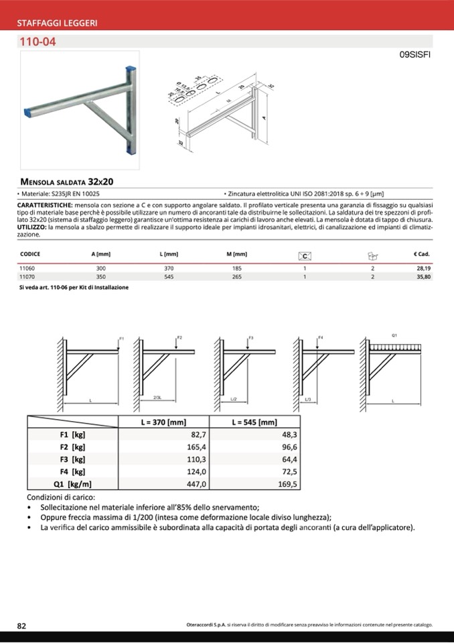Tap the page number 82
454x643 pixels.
21,625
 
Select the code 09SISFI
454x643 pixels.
414,57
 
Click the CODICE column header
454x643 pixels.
31,254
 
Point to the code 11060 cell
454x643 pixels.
27,268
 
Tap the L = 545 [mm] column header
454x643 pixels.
254,422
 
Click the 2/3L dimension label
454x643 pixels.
158,398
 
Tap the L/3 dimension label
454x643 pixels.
307,400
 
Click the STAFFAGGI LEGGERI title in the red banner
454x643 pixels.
57,23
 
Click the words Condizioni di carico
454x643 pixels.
61,498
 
